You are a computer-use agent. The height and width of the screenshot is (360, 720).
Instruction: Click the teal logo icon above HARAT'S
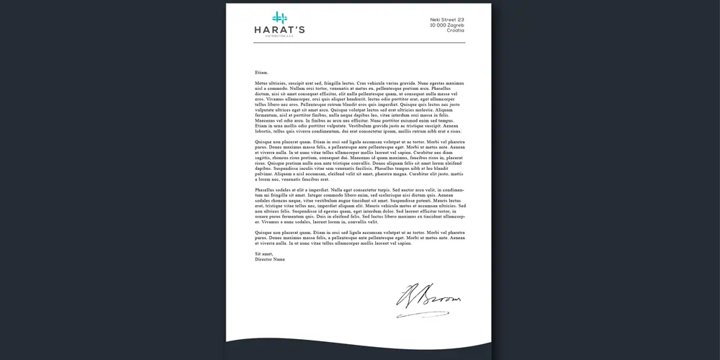279,17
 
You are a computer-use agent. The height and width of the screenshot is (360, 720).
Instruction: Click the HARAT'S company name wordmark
279,30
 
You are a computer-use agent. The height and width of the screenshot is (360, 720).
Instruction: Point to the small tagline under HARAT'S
279,37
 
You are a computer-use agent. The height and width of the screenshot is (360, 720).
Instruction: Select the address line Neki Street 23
447,19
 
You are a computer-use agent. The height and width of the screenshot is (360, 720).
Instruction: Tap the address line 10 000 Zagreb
447,25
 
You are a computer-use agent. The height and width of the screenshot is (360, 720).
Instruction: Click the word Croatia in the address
455,31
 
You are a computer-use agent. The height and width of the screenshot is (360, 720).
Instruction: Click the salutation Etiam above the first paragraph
261,73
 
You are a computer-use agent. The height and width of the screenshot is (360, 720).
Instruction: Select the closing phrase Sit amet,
264,253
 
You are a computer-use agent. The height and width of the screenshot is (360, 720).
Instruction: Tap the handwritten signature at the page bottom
426,302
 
